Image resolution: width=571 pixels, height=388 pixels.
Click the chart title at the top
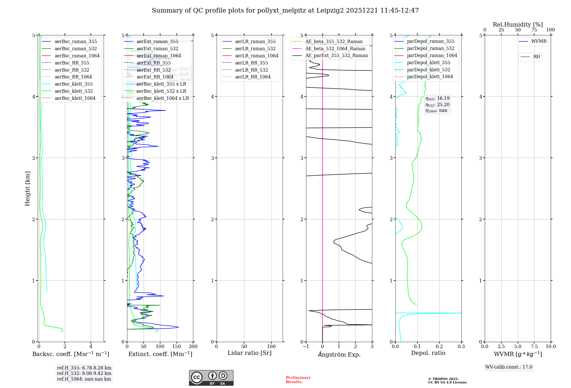(285, 11)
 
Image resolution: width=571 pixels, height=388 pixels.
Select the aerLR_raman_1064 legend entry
(257, 56)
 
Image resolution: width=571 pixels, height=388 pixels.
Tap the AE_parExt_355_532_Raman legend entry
(336, 55)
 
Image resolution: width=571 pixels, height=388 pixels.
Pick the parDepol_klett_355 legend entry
(429, 62)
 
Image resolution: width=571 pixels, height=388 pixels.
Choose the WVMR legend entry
(539, 41)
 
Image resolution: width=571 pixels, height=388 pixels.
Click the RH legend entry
(536, 57)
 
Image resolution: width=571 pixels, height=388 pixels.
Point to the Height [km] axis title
(27, 189)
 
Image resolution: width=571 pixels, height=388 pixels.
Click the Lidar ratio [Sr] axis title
(249, 353)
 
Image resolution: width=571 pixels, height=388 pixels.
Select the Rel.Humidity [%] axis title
(518, 25)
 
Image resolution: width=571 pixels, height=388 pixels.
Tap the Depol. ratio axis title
(428, 353)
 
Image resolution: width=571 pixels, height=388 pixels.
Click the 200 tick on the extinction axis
(193, 347)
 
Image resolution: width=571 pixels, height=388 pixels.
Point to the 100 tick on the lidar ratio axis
(272, 347)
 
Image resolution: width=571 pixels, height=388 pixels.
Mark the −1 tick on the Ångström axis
(306, 347)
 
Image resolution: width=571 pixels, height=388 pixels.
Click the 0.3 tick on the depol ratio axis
(461, 347)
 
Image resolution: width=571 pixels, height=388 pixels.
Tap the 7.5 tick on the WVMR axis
(534, 347)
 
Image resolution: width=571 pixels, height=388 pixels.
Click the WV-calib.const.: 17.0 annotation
(509, 367)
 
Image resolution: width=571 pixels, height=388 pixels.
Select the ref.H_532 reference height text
(84, 373)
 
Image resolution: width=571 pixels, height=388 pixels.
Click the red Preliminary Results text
(298, 380)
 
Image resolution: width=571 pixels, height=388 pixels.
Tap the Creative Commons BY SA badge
(211, 378)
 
